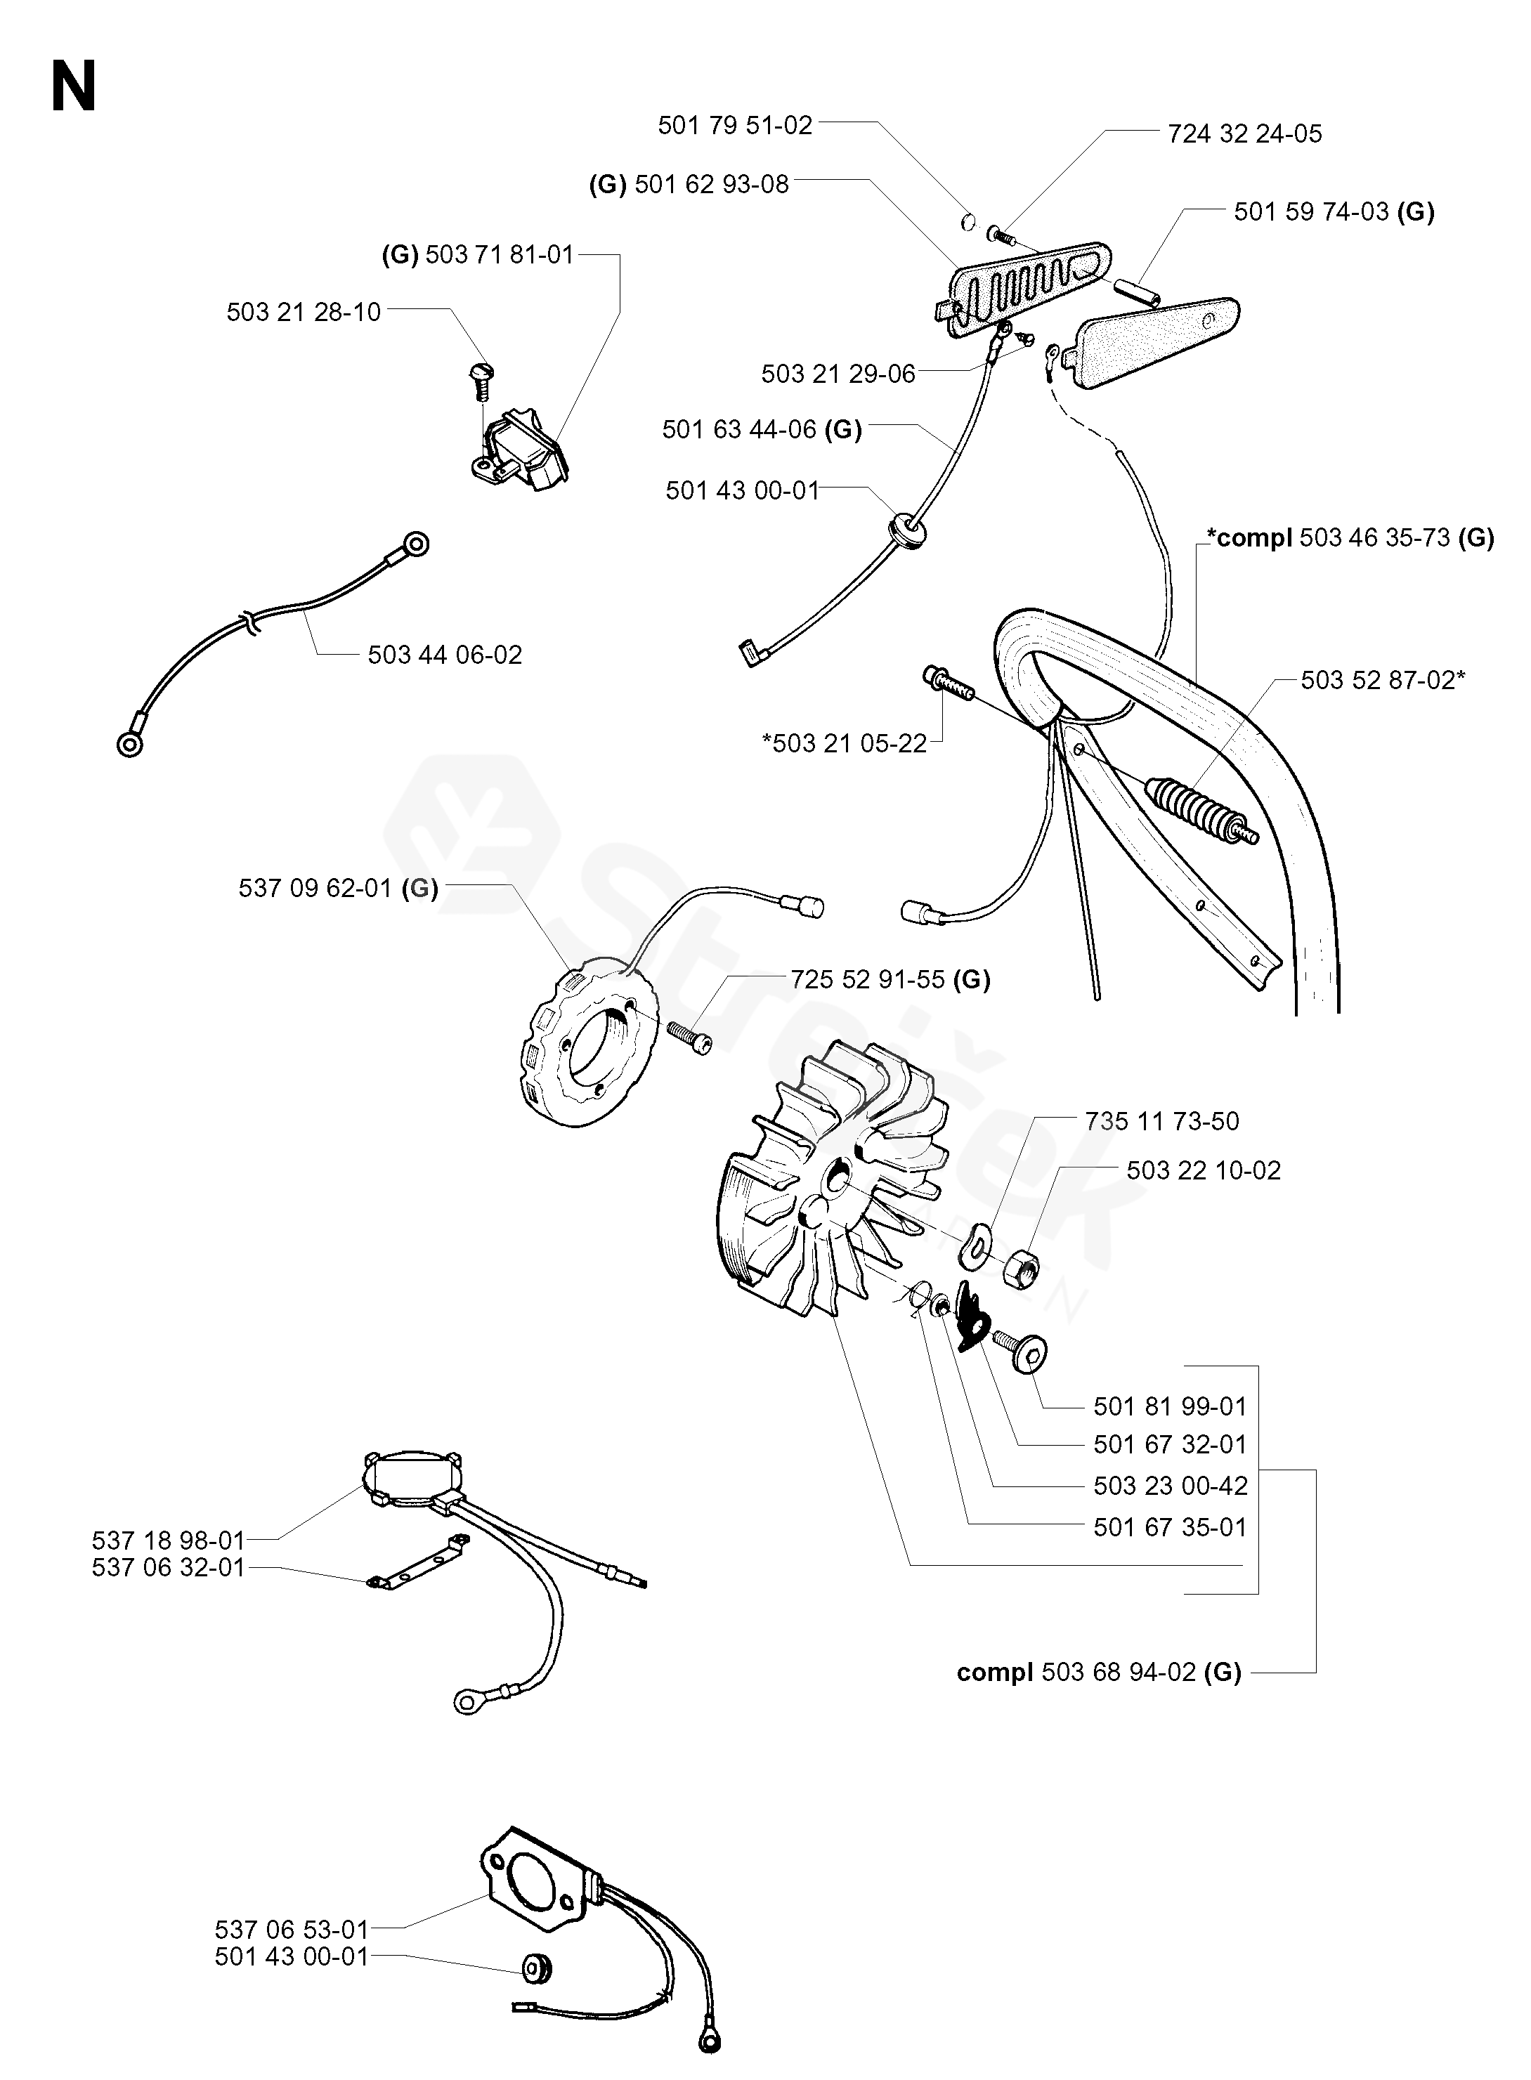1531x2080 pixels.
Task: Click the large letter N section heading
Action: coord(74,88)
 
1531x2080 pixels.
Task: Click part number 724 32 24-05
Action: coord(1244,133)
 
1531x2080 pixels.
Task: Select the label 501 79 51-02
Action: coord(734,125)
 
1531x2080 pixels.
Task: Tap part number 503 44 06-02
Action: coord(445,655)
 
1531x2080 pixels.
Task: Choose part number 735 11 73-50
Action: coord(1161,1121)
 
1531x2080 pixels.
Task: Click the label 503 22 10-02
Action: coord(1203,1170)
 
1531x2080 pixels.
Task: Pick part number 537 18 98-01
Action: coord(168,1541)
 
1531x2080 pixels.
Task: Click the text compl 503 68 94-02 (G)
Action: coord(1098,1673)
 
